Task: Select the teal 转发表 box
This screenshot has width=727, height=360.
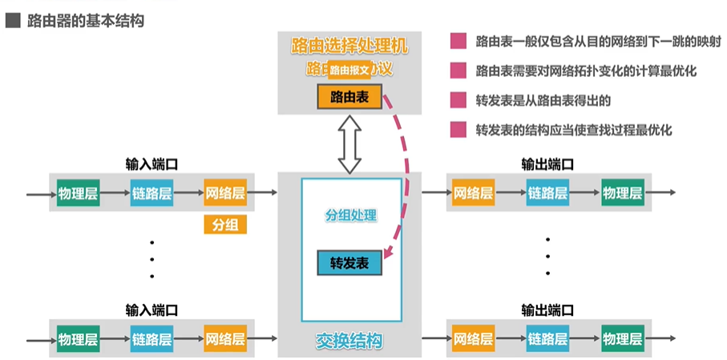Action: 349,262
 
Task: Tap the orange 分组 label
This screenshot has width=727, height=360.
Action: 224,225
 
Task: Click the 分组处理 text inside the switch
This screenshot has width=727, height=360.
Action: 350,216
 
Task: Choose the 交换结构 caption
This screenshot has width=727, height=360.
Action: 349,342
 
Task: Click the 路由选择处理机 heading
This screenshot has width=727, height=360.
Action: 349,47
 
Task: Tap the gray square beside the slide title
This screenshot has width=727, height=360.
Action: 12,21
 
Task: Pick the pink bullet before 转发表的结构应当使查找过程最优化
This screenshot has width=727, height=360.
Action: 458,129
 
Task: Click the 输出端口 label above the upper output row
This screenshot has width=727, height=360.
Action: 547,164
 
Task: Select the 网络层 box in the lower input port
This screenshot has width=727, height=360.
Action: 224,337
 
